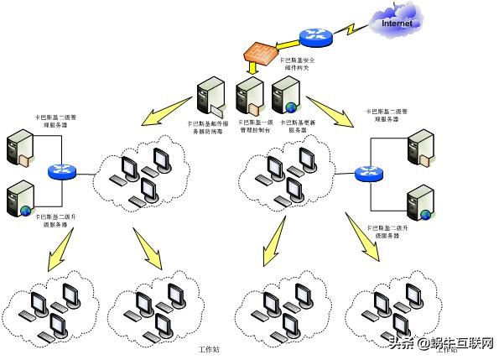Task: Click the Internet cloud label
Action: [x=397, y=23]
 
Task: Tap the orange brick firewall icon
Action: [x=260, y=52]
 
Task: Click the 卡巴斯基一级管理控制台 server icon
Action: [x=248, y=96]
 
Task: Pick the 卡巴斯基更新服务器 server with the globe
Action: [x=285, y=95]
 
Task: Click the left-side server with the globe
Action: [x=19, y=199]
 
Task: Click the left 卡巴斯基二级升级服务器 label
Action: [x=54, y=221]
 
